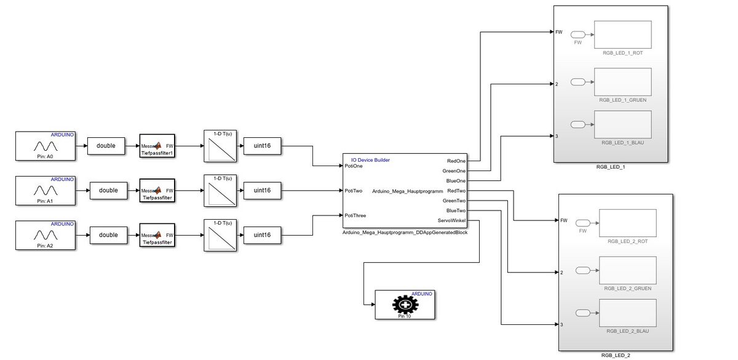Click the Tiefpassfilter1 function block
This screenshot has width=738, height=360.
[157, 146]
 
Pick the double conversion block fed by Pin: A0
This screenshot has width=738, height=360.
[106, 146]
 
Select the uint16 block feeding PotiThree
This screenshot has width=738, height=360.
[262, 234]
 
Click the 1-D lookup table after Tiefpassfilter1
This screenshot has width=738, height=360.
[220, 146]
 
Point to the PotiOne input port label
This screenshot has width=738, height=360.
[354, 166]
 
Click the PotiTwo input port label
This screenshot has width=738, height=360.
[354, 191]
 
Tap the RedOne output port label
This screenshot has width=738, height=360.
[456, 161]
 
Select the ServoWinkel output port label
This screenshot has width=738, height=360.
[452, 220]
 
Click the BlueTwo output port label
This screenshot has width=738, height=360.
[456, 210]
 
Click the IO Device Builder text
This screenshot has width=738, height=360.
[370, 160]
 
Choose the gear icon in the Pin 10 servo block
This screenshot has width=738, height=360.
[404, 303]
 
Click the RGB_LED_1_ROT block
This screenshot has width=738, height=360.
[622, 35]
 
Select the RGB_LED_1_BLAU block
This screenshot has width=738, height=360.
[622, 125]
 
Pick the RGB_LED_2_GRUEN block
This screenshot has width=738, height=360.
[627, 270]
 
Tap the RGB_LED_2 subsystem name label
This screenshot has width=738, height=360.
[616, 356]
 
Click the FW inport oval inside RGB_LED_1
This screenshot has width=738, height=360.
[578, 34]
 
